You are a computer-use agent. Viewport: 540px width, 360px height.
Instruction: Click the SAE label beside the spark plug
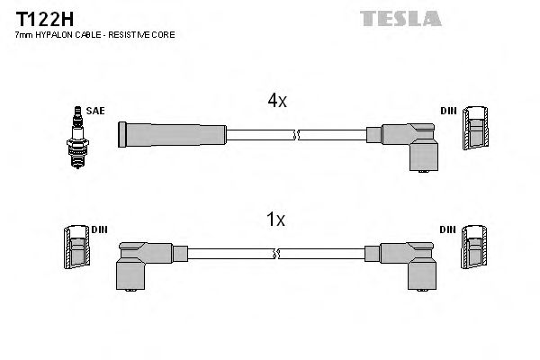94,111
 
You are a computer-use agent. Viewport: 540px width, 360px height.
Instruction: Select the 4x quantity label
276,102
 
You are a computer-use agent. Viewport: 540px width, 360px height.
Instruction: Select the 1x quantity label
276,220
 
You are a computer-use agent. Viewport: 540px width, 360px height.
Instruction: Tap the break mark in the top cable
296,135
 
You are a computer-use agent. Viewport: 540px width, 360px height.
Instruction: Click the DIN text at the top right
448,111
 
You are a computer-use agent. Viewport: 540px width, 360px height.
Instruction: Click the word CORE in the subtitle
162,34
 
